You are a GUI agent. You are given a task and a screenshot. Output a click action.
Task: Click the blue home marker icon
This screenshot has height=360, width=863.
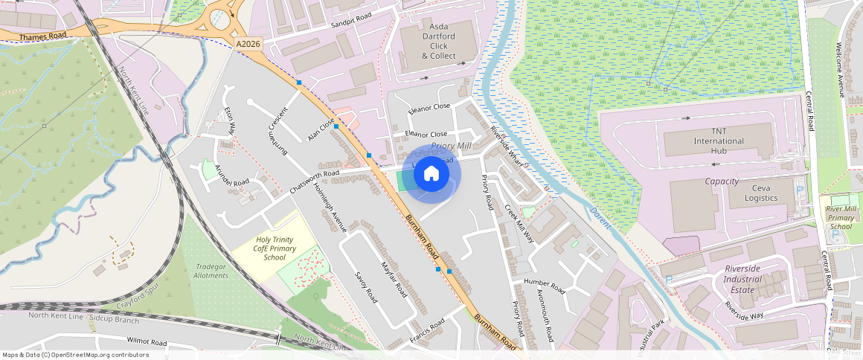(431, 174)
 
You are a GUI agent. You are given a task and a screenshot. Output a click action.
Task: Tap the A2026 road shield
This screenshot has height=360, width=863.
(248, 45)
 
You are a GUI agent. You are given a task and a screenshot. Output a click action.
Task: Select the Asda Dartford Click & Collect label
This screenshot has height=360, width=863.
(438, 41)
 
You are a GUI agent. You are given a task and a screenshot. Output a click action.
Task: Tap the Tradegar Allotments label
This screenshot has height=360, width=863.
(211, 271)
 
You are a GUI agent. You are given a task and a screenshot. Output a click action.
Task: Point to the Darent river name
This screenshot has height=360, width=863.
(600, 216)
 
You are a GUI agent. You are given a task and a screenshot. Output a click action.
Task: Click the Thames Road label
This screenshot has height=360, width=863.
(43, 36)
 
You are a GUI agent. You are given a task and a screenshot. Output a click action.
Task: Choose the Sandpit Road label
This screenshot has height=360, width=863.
(351, 20)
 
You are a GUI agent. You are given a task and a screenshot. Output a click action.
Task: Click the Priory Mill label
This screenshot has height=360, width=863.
(452, 147)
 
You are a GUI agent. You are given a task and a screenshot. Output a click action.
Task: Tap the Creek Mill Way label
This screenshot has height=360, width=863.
(519, 224)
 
